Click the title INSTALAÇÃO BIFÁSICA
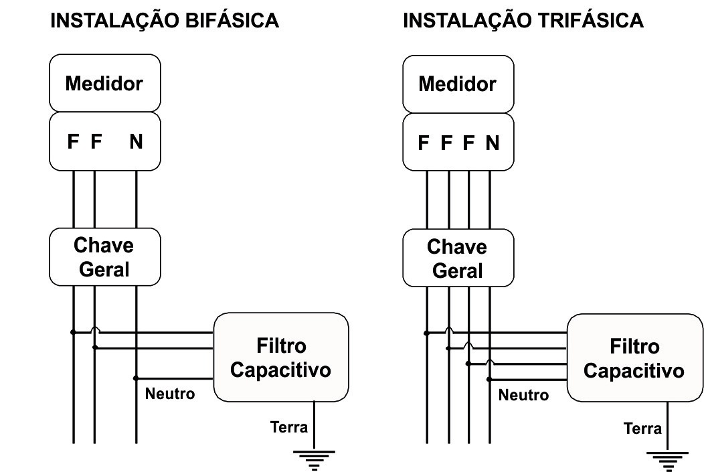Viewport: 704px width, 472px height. point(165,21)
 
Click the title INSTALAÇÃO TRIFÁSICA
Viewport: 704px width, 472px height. point(523,21)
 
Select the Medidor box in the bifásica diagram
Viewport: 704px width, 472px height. point(104,84)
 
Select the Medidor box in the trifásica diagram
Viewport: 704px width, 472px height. point(458,84)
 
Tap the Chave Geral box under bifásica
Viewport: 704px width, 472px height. point(104,257)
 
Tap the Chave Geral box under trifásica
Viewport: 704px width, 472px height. point(458,258)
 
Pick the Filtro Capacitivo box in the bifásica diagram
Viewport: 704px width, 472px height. point(281,358)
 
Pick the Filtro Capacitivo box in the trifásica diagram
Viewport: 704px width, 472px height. point(634,358)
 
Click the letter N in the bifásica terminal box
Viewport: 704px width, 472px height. point(136,142)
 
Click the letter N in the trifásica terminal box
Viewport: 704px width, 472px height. point(493,143)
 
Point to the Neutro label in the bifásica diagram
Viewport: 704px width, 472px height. point(170,394)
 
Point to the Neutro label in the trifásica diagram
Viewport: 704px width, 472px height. point(523,395)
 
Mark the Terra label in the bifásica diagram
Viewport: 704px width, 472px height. point(288,426)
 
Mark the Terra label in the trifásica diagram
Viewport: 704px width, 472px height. point(642,428)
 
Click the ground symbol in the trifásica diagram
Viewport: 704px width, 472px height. point(667,461)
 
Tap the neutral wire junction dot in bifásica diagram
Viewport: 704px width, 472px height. point(136,378)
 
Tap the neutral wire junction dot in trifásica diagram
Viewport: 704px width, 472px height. point(489,380)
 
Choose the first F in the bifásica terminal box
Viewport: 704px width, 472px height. point(73,142)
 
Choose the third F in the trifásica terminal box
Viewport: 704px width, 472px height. point(469,143)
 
